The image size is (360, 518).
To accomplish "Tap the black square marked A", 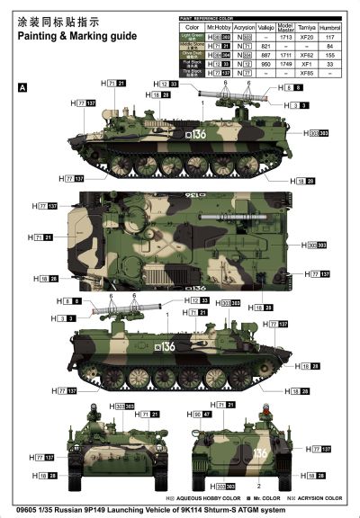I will click(22, 86).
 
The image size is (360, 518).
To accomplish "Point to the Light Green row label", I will click(190, 38).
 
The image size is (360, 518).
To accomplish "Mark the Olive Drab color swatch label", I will click(190, 54).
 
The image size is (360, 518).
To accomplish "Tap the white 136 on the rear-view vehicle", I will click(260, 452).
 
